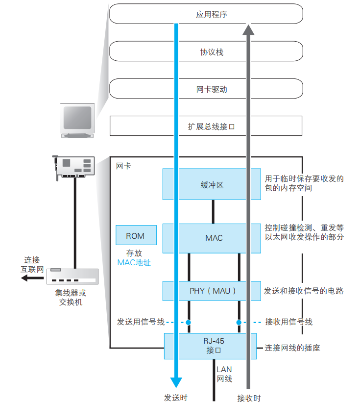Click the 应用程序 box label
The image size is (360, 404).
pos(212,14)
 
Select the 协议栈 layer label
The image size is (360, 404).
pos(212,52)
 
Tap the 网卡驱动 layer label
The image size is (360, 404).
pos(212,90)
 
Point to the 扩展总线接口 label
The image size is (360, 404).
pos(212,126)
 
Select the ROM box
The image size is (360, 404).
pos(136,236)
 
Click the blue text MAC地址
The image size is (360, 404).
pos(134,263)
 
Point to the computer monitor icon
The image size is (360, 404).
pos(77,120)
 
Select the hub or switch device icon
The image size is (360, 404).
pos(73,276)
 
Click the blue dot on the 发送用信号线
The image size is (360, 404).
pos(188,323)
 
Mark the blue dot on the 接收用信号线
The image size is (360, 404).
pos(239,323)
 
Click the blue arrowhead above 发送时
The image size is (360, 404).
pos(176,383)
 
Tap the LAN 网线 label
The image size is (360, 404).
pos(225,374)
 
